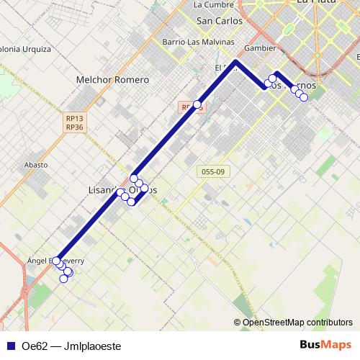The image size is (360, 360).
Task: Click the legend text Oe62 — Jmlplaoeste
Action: tap(71, 346)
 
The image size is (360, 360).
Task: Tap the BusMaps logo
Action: tap(326, 346)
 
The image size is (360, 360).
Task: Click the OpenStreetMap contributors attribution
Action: tap(297, 322)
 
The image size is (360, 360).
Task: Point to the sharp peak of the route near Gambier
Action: tap(236, 62)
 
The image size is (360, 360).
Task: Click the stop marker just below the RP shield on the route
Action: tap(197, 104)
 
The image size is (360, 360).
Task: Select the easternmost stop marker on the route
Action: tap(304, 97)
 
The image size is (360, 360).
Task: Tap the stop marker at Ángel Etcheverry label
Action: tap(56, 260)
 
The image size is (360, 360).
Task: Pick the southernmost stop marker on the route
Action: tap(64, 279)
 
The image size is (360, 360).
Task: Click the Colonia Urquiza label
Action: tap(24, 50)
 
